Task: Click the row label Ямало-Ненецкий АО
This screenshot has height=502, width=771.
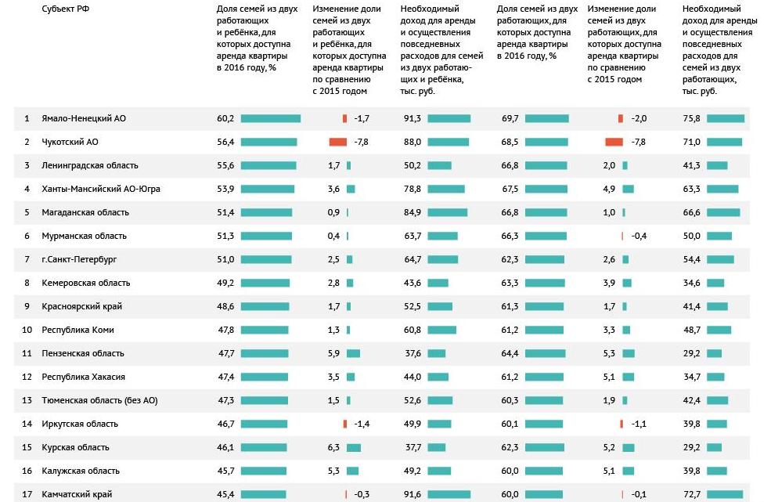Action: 84,118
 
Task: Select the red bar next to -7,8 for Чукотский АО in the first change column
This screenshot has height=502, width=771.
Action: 337,142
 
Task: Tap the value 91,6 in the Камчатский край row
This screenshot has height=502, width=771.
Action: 412,494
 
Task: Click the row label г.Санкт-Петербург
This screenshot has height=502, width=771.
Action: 79,259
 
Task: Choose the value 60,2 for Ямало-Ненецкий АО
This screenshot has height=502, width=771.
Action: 225,118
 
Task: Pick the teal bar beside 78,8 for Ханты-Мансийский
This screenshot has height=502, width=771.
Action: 448,189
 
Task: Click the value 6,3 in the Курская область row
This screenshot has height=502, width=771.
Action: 333,447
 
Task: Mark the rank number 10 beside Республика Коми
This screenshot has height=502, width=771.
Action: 27,330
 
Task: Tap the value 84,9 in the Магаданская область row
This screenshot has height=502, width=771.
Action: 412,212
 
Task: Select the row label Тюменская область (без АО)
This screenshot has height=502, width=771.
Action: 99,400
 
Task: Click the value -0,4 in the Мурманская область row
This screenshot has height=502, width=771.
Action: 639,236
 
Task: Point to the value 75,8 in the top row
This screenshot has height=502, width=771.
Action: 691,118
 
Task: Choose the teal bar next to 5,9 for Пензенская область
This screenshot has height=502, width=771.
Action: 353,353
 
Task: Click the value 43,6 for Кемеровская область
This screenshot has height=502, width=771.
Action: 412,283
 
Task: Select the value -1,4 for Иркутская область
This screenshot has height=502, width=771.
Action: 362,424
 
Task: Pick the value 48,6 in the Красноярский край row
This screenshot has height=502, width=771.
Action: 225,306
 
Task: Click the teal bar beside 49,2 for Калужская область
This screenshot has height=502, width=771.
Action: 440,471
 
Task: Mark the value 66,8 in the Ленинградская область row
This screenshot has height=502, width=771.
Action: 510,165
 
